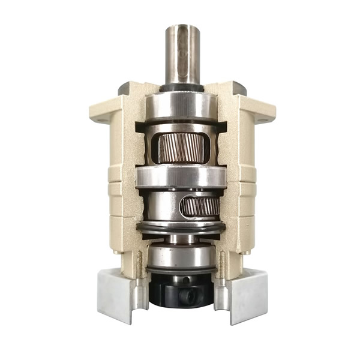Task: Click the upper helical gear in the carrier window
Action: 182,148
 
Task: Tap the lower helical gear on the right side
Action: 201,208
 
